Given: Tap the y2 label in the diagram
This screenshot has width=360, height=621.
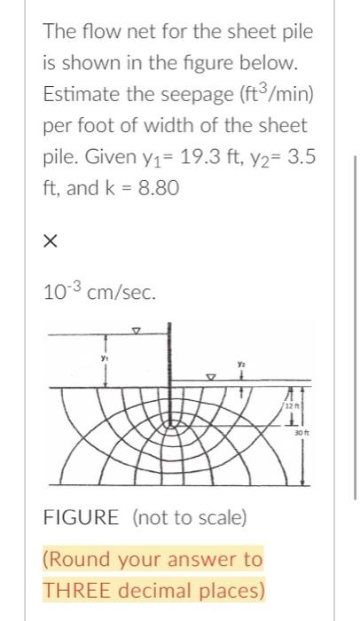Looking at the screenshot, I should point(240,362).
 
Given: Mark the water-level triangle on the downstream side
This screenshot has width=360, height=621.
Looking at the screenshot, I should point(211,376).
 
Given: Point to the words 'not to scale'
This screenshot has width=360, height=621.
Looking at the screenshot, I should point(188,516).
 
